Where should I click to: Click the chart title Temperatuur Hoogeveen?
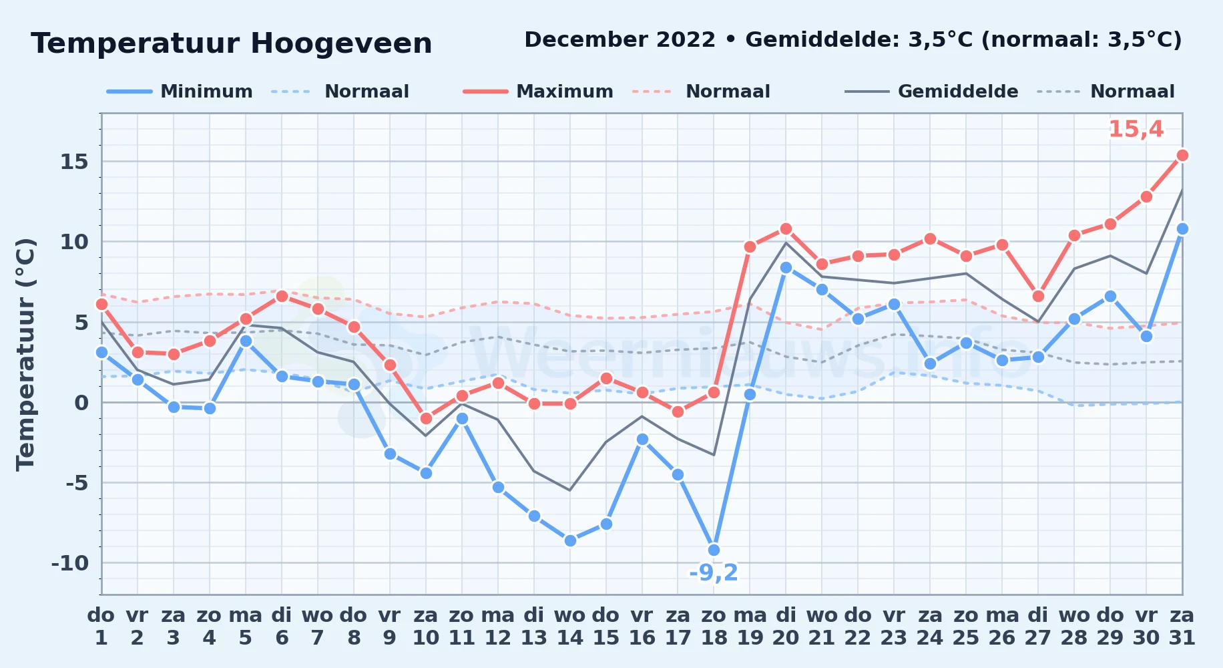click(x=232, y=44)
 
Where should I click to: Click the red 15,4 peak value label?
click(x=1136, y=130)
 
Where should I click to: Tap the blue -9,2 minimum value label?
click(x=714, y=573)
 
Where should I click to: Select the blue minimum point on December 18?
click(x=714, y=550)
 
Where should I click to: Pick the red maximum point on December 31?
click(x=1182, y=156)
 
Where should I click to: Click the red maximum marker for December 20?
click(x=786, y=229)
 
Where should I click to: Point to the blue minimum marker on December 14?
click(x=570, y=541)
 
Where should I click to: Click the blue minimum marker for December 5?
click(x=246, y=341)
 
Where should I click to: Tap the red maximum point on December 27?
click(x=1038, y=297)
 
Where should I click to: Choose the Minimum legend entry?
click(x=180, y=92)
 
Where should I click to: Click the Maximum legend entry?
click(x=538, y=92)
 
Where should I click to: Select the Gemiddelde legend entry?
click(x=932, y=92)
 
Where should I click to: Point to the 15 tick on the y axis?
click(x=75, y=162)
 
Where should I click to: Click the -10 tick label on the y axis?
click(x=70, y=563)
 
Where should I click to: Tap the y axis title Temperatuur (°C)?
click(x=25, y=355)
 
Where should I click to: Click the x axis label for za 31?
click(x=1182, y=627)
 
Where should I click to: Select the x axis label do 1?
click(x=101, y=627)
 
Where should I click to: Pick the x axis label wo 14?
click(x=570, y=627)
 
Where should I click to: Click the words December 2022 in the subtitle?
click(x=620, y=40)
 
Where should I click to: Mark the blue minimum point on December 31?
click(x=1182, y=229)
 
